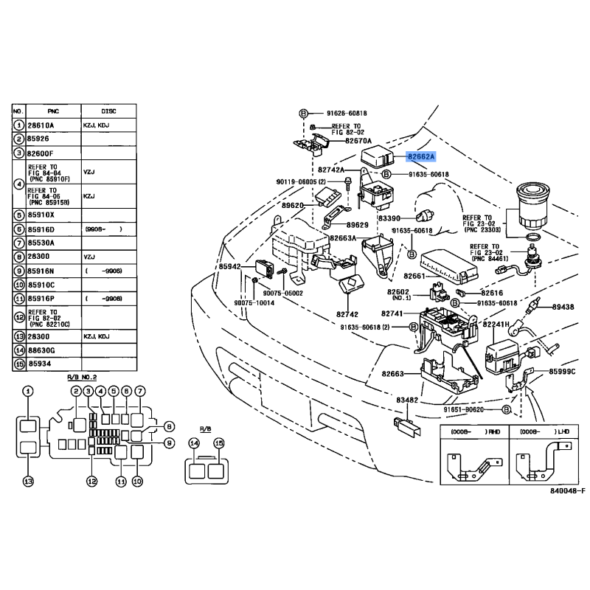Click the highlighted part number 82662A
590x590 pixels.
[420, 156]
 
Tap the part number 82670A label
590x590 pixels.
[358, 141]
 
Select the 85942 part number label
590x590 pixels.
[229, 266]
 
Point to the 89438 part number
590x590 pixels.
[563, 307]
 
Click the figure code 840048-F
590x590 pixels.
[568, 490]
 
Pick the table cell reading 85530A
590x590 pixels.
[41, 243]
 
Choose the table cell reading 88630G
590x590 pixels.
[41, 351]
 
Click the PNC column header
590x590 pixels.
[53, 111]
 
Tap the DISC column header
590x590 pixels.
[108, 111]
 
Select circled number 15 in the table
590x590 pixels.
[19, 364]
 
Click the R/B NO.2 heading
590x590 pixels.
[82, 377]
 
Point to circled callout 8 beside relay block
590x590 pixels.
[170, 427]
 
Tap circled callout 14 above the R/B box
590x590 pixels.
[194, 443]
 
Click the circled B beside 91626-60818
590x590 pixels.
[303, 114]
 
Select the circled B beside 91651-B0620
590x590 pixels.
[507, 409]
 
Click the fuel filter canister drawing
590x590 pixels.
[532, 207]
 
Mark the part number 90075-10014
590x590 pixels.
[254, 303]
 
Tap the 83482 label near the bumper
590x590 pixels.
[407, 400]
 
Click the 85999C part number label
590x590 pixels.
[562, 372]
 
